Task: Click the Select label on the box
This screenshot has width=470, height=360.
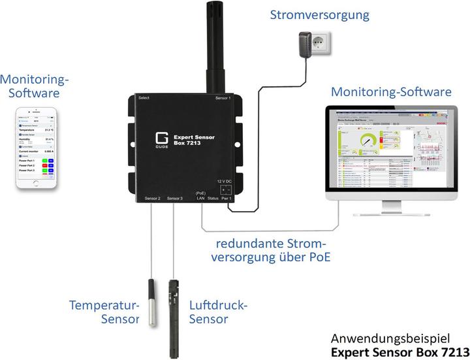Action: [x=144, y=98]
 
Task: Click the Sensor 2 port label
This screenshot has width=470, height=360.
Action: [x=150, y=198]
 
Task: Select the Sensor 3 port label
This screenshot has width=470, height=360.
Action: [x=175, y=198]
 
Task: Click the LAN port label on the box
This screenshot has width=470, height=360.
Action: [x=201, y=198]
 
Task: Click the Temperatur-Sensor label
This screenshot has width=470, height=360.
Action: [x=104, y=312]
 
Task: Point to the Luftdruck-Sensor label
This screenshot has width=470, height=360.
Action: [x=218, y=312]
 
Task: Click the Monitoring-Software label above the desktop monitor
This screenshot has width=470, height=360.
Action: [x=390, y=92]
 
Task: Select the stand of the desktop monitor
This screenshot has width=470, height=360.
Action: [x=390, y=208]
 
